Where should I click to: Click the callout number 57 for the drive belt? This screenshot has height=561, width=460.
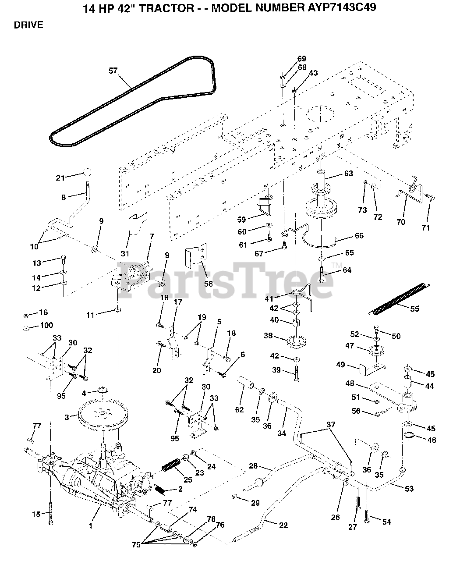pyautogui.click(x=113, y=70)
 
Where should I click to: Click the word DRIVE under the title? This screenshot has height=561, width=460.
pyautogui.click(x=28, y=25)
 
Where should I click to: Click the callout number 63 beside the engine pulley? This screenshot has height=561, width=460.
pyautogui.click(x=348, y=174)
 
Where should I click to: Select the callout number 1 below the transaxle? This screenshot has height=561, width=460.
pyautogui.click(x=91, y=525)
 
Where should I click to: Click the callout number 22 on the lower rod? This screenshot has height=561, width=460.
pyautogui.click(x=283, y=525)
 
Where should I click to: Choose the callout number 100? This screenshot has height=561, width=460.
pyautogui.click(x=46, y=325)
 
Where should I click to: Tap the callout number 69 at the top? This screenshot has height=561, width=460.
pyautogui.click(x=301, y=59)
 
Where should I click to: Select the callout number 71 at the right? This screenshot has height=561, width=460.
pyautogui.click(x=425, y=227)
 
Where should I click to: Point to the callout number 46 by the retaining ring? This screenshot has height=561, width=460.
pyautogui.click(x=432, y=440)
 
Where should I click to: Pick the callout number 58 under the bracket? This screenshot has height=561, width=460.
pyautogui.click(x=208, y=283)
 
